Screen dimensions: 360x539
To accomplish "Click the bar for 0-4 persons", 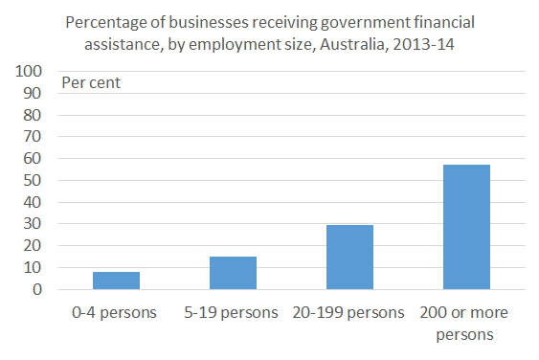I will coord(116,280).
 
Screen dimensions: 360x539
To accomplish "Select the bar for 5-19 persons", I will coord(233,272).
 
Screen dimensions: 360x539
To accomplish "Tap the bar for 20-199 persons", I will coord(349,257).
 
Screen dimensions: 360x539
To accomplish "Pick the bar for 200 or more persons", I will coord(466,226).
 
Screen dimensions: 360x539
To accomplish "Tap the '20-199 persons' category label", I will coord(349,313).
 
